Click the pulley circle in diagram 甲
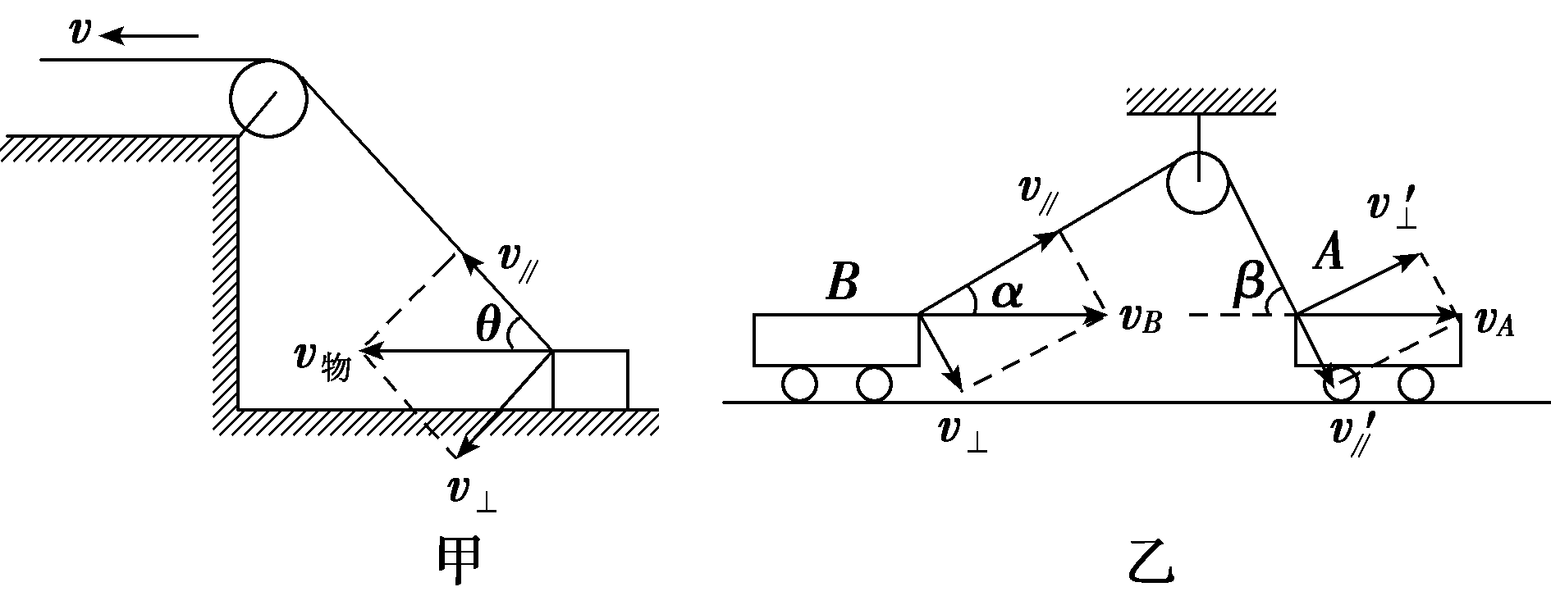[268, 98]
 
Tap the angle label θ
[488, 326]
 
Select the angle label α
[1007, 293]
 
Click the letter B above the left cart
[842, 281]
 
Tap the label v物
[323, 361]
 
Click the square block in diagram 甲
[590, 379]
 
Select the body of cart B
[835, 339]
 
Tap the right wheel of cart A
[1416, 384]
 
